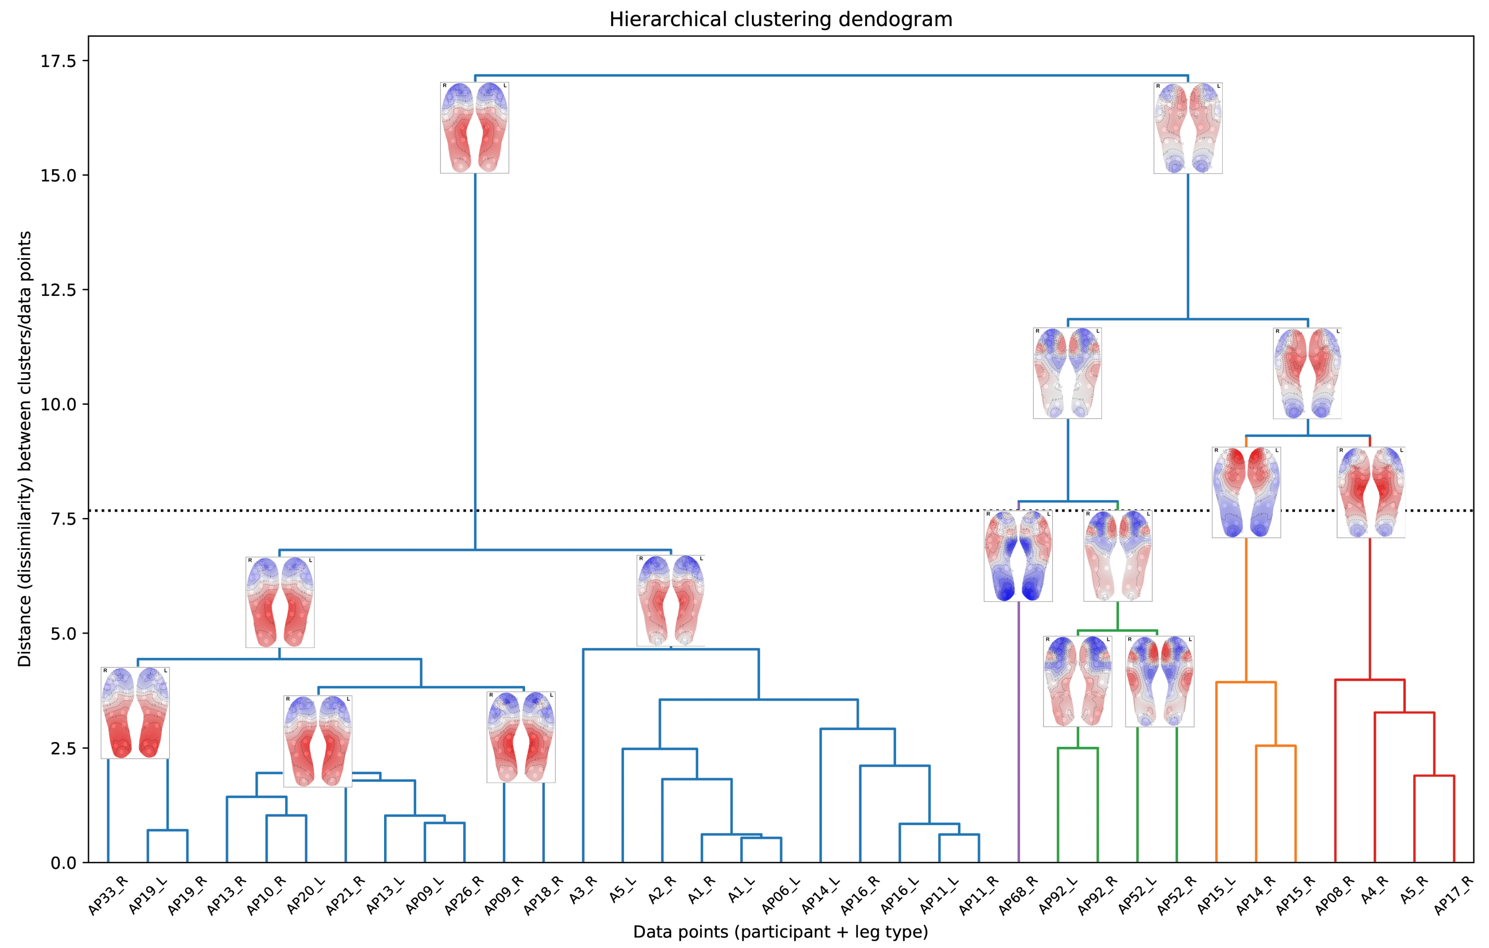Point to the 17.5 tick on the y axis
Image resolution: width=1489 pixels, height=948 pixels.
pos(58,61)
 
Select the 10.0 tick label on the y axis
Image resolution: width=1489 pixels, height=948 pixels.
pos(58,404)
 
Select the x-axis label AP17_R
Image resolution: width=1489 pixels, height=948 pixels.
pos(1454,895)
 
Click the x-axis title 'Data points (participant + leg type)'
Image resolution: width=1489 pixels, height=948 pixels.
pos(780,931)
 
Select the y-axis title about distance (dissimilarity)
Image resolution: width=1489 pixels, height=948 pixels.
pos(25,449)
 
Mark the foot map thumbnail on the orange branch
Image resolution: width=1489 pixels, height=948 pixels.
pos(1246,492)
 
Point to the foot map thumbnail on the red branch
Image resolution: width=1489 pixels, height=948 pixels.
pos(1370,492)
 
